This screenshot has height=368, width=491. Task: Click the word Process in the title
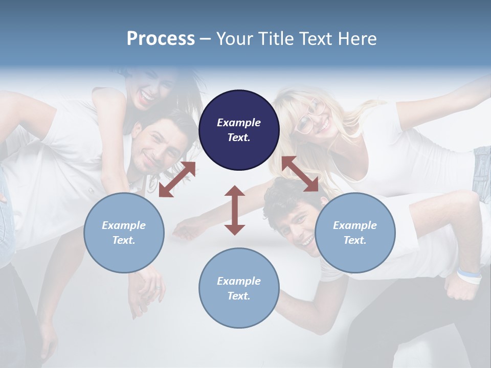point(161,39)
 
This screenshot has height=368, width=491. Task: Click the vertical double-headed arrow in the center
point(235,211)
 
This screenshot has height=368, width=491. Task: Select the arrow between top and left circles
point(177,179)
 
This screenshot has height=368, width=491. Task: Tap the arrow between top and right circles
point(300,174)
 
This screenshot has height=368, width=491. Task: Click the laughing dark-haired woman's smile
point(147,95)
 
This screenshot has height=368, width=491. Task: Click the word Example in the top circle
point(239,123)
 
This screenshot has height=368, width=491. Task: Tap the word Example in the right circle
point(355,225)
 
